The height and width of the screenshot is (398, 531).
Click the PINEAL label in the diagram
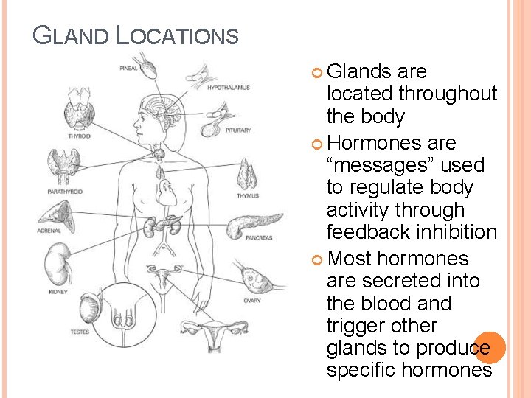(x=129, y=69)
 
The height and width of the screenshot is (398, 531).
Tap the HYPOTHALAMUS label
(x=229, y=88)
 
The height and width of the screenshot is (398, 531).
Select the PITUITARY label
(x=237, y=130)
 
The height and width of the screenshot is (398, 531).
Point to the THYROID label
(x=79, y=136)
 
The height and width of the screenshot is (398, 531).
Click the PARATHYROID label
(x=65, y=192)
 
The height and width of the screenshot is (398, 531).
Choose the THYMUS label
(x=247, y=196)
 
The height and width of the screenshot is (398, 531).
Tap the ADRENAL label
(x=49, y=231)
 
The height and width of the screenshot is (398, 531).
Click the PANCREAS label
(x=260, y=237)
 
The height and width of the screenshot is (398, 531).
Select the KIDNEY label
(x=58, y=292)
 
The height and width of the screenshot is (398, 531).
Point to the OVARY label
(x=251, y=300)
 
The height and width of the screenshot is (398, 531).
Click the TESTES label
(x=80, y=332)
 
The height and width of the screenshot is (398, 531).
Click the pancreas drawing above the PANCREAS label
(x=254, y=222)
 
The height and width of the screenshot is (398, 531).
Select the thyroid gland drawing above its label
(x=79, y=114)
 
